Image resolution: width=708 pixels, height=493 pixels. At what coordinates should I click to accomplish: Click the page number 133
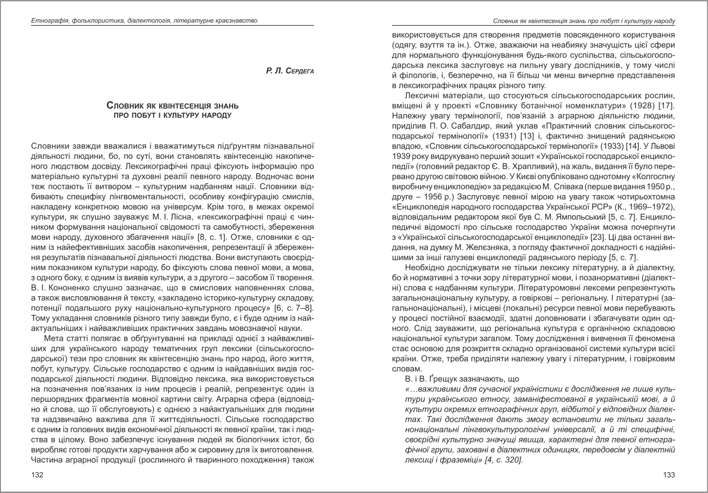tap(668, 475)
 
